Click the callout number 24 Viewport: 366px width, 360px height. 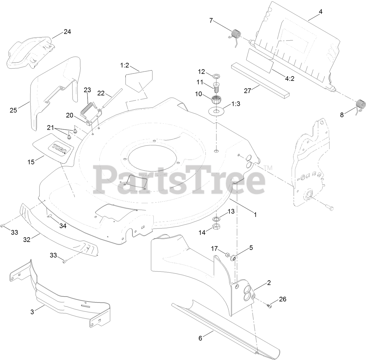point(67,32)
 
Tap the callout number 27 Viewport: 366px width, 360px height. point(248,90)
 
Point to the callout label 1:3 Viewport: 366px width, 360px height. point(236,104)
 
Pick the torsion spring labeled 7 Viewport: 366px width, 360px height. point(235,35)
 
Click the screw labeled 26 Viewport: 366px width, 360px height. point(269,305)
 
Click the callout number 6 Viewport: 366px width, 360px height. point(200,338)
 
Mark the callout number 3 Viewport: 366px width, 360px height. point(32,312)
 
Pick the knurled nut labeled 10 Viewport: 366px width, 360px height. point(216,100)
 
